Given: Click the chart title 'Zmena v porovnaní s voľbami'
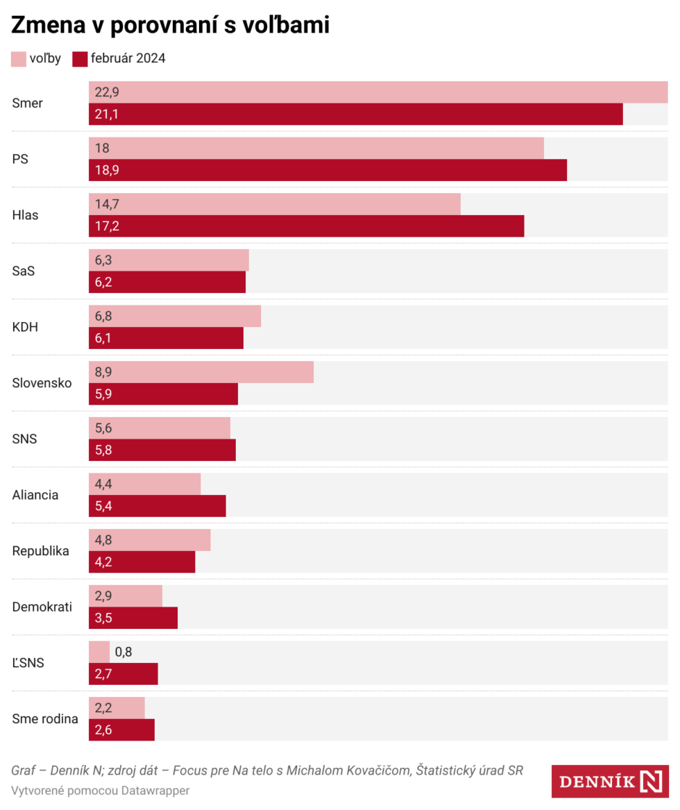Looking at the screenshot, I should click(170, 25).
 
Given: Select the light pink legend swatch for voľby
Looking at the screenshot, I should click(19, 59).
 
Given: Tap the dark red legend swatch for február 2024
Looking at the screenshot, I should click(80, 59).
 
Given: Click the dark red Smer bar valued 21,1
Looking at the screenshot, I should click(355, 115).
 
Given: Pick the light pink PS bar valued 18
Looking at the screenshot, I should click(316, 149).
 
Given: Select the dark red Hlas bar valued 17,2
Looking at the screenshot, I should click(306, 226).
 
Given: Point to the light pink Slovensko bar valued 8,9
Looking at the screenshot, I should click(201, 372).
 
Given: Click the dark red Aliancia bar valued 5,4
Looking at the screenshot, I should click(158, 506).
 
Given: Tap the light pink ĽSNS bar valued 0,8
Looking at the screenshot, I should click(99, 652).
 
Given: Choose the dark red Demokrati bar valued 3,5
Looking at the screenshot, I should click(133, 618).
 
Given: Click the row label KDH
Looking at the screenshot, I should click(25, 327).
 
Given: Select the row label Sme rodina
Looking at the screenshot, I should click(45, 719).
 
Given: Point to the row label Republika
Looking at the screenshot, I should click(41, 551).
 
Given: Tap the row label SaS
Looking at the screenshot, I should click(24, 271).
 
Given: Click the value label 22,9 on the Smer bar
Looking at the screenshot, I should click(107, 92).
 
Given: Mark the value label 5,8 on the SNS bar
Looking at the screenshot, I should click(103, 450).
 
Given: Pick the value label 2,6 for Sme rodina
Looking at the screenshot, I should click(103, 730).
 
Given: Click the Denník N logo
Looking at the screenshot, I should click(610, 782).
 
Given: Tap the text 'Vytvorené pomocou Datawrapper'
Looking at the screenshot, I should click(100, 791).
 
